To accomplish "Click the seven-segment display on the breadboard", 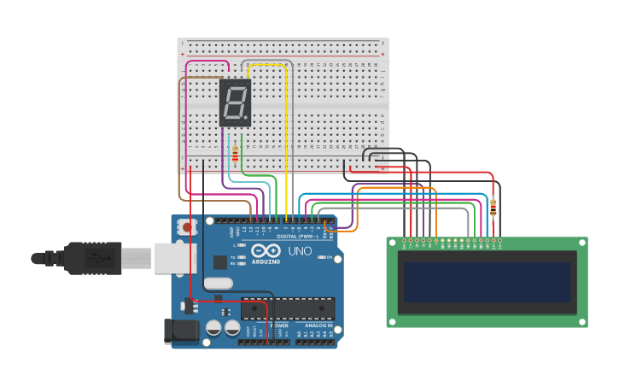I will click(x=236, y=103).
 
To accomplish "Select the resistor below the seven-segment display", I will click(x=236, y=154).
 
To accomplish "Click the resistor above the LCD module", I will click(x=493, y=206).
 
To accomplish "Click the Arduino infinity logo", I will click(x=266, y=251).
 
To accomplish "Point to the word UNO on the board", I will click(x=299, y=251).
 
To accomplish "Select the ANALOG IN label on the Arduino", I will click(x=318, y=325).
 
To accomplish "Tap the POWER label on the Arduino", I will click(x=279, y=325).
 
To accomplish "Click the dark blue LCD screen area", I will click(x=487, y=282).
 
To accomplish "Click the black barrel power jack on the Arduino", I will click(x=181, y=331).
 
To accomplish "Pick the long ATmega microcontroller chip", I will click(x=288, y=308).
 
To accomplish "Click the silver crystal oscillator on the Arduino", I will click(x=219, y=283).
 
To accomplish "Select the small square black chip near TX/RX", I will click(x=220, y=262).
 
